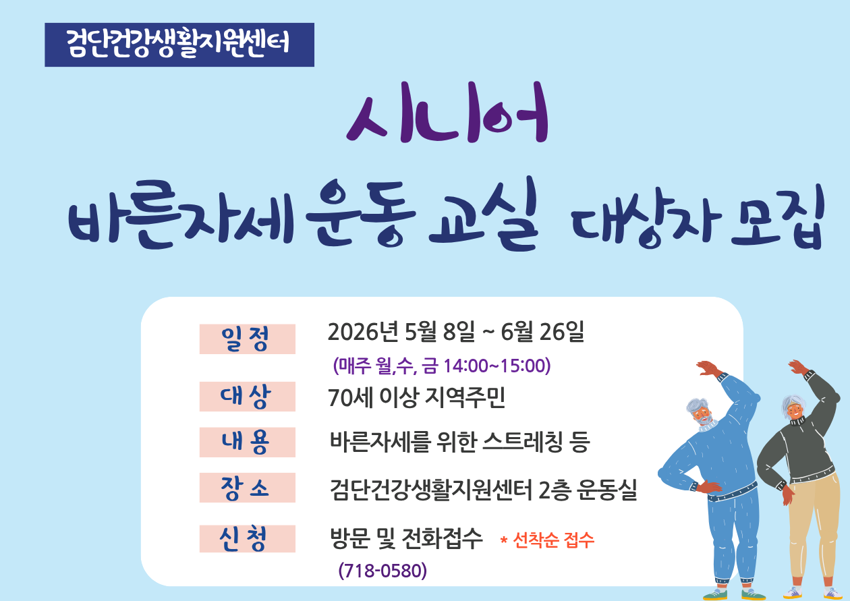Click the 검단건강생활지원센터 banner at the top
pos(179,45)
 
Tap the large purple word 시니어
pos(447,113)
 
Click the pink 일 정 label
pos(248,339)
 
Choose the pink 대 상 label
pos(248,397)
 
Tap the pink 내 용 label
pos(248,442)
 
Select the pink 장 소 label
pos(248,488)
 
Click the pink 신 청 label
pos(248,538)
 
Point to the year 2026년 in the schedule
pos(363,332)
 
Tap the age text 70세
pos(351,398)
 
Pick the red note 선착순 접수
pos(554,540)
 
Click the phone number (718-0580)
pos(382,570)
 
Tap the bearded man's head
pos(700,412)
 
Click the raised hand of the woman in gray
pos(799,368)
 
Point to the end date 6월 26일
pos(542,332)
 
